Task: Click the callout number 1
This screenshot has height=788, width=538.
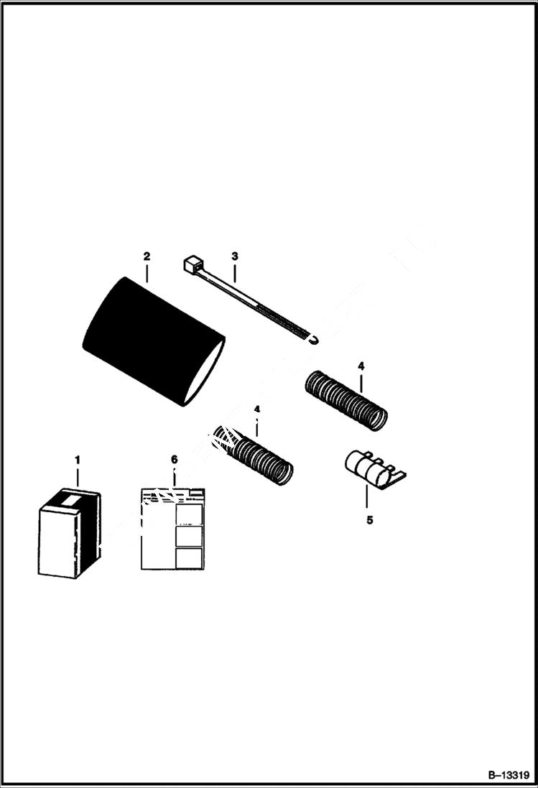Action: (x=78, y=459)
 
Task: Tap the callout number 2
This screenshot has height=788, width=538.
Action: (x=147, y=256)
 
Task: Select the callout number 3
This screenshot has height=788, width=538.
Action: (x=234, y=256)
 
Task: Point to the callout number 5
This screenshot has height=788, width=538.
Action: (x=369, y=520)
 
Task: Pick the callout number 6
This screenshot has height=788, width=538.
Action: (x=174, y=459)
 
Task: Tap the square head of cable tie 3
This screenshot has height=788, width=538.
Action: (x=192, y=265)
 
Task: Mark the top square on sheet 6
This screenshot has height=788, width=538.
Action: (x=189, y=514)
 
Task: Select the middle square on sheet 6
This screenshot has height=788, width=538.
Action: (x=189, y=537)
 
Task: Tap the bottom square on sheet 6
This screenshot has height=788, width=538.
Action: (x=189, y=558)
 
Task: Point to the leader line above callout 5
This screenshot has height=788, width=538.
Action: (x=367, y=497)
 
